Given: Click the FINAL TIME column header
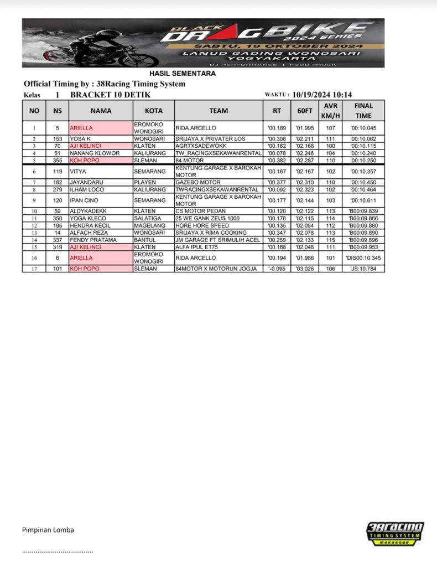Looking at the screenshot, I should [x=363, y=111].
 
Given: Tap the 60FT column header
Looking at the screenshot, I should [x=304, y=111].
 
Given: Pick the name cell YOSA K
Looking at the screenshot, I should [x=80, y=138].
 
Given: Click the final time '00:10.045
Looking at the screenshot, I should [x=363, y=128].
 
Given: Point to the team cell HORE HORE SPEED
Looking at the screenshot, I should [x=202, y=226].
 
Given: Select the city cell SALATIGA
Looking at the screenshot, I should [x=146, y=219].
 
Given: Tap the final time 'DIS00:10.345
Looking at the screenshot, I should [x=363, y=258].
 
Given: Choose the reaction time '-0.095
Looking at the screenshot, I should [x=277, y=269].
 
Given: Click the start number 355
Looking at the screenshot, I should [x=58, y=160].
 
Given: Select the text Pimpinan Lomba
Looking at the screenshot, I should [x=48, y=530].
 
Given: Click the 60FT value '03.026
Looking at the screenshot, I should [x=305, y=269].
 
